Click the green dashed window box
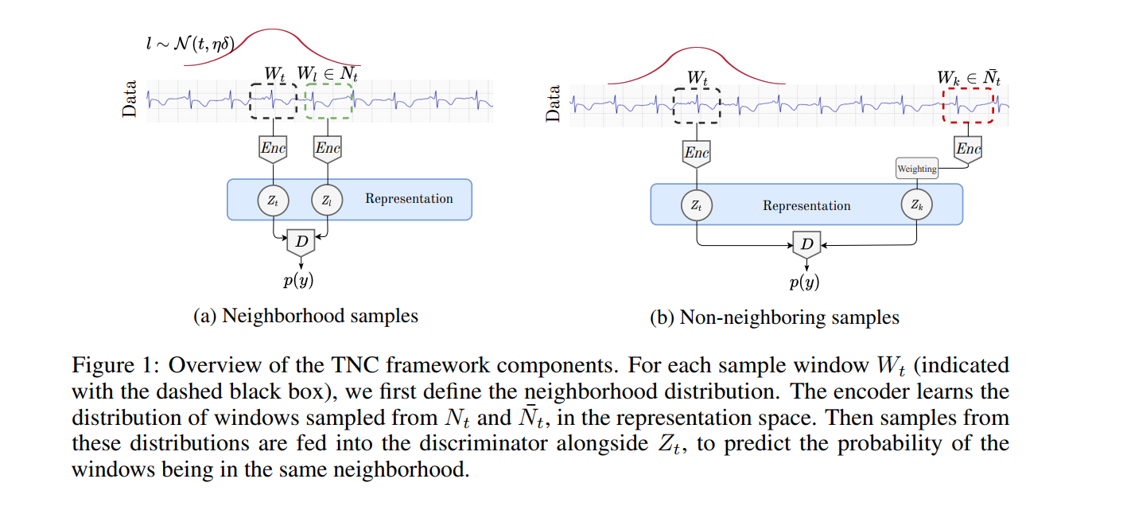pos(328,101)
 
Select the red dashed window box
pos(968,105)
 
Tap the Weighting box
pos(917,169)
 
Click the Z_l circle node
pos(327,200)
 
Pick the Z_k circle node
pos(916,205)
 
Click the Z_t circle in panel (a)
pos(273,200)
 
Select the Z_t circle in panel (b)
pos(696,205)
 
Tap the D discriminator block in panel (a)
pos(301,240)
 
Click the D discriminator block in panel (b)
pos(806,245)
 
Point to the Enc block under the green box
pos(328,148)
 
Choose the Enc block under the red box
pos(968,149)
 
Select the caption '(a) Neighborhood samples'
pos(305,316)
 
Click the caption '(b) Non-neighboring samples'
pos(774,318)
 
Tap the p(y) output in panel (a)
pos(301,280)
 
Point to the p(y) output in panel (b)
pos(804,282)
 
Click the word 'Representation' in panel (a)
pos(409,199)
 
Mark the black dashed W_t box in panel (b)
pos(696,105)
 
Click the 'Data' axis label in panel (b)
pos(554,103)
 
